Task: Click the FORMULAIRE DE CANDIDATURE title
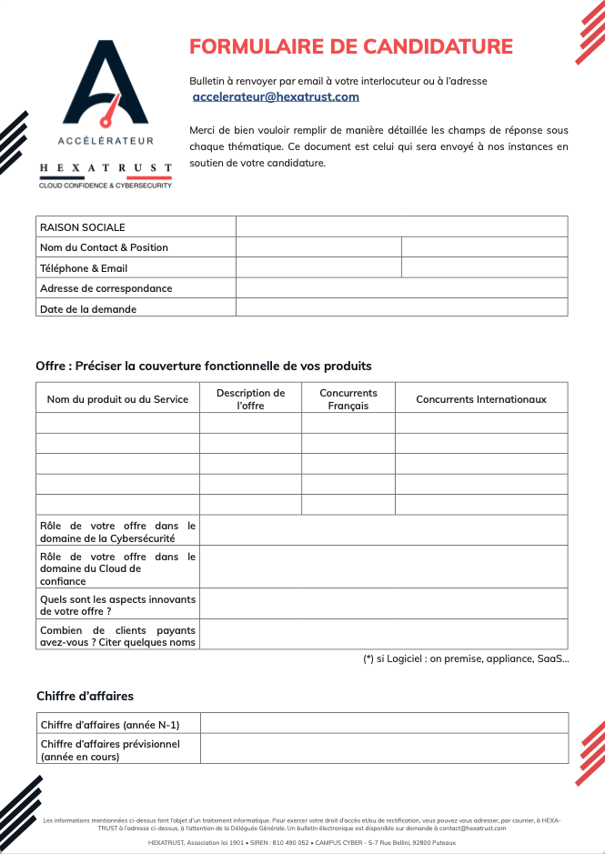pos(350,46)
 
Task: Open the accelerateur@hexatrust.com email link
pos(276,96)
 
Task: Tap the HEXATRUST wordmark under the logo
pos(106,168)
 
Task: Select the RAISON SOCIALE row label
pos(83,227)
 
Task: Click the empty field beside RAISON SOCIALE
pos(401,226)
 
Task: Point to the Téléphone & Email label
pos(84,268)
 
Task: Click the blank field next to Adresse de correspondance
pos(401,288)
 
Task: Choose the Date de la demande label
pos(88,309)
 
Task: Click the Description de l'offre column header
pos(250,399)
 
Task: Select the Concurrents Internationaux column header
pos(481,399)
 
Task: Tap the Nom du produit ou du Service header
pos(117,399)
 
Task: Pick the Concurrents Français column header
pos(348,399)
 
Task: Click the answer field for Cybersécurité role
pos(383,531)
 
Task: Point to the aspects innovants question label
pos(117,605)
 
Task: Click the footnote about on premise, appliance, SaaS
pos(466,659)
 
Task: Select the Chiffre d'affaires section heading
pos(85,697)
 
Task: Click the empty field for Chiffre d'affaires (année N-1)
pos(383,724)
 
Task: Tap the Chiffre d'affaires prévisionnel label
pos(110,749)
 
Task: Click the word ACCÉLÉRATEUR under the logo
pos(106,141)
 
